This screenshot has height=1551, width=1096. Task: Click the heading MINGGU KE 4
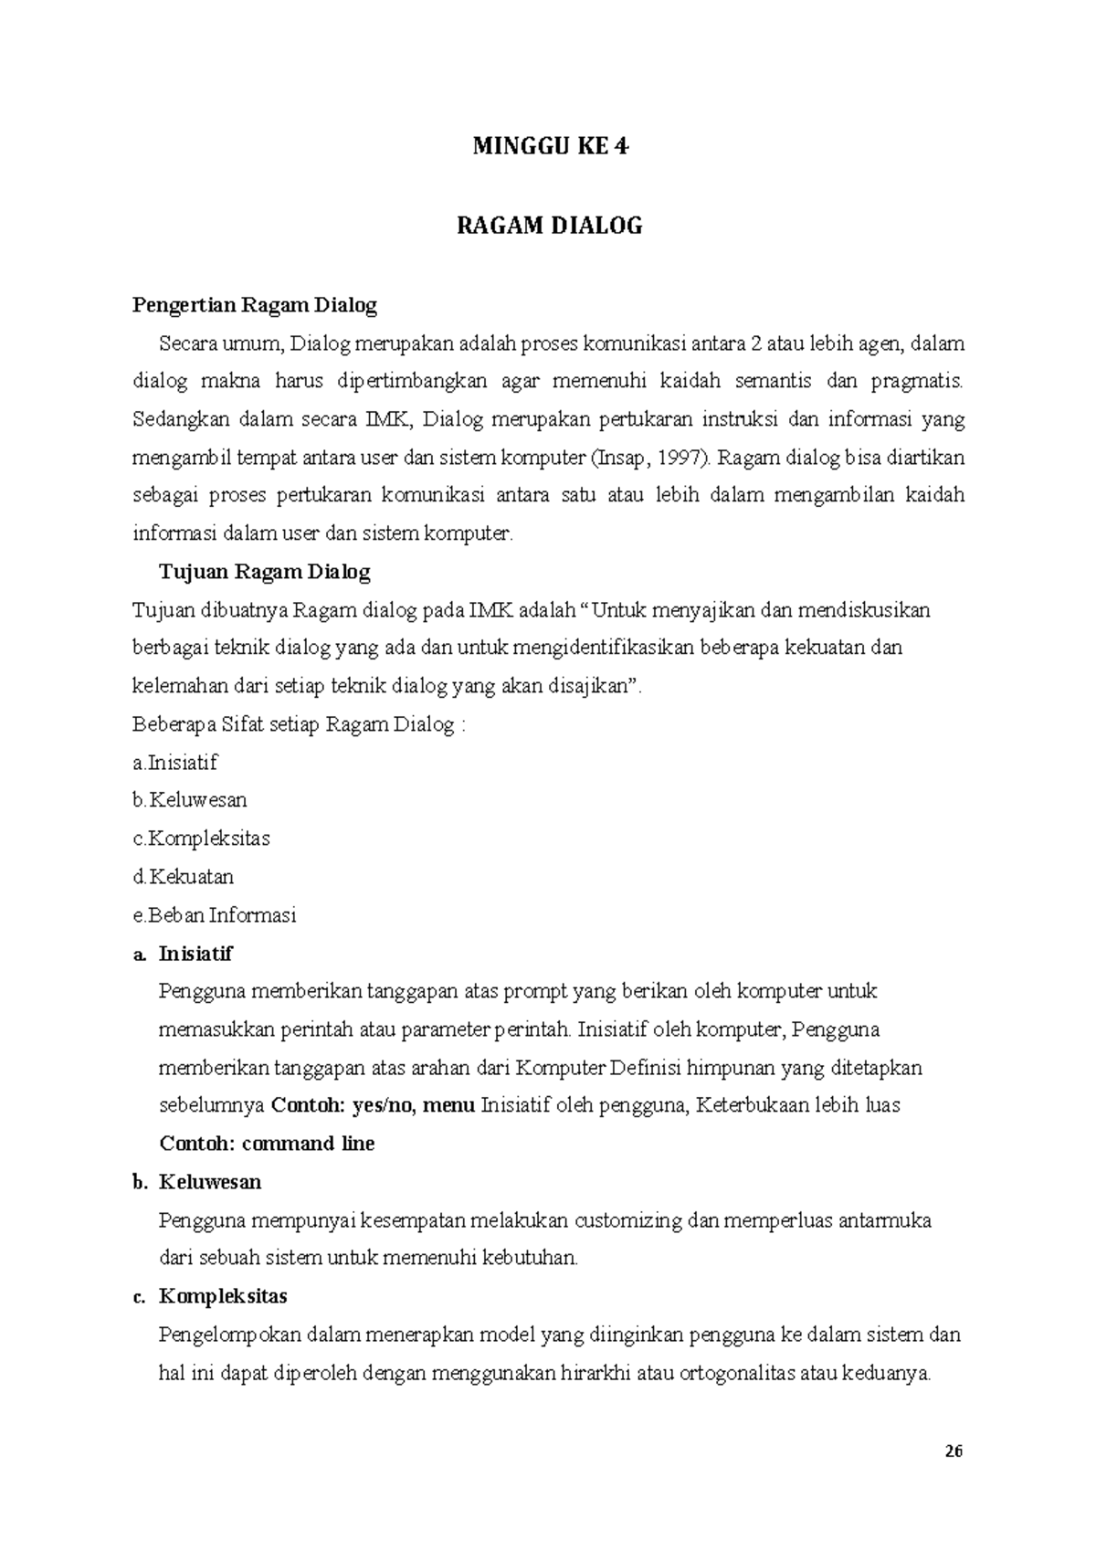coord(550,147)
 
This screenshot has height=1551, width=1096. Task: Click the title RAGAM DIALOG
coord(550,226)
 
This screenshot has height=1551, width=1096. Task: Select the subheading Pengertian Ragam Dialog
coord(255,305)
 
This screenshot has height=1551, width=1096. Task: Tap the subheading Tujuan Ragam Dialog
coord(265,573)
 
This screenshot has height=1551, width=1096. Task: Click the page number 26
coord(954,1451)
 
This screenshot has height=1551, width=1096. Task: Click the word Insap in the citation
coord(622,458)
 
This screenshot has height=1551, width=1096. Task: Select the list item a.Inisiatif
coord(175,763)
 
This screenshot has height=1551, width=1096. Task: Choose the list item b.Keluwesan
coord(190,800)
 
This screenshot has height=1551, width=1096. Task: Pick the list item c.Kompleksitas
coord(201,839)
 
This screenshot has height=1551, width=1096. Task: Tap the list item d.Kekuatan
coord(184,877)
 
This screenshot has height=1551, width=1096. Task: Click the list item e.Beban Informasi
coord(215,915)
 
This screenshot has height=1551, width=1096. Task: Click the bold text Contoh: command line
coord(267,1144)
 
